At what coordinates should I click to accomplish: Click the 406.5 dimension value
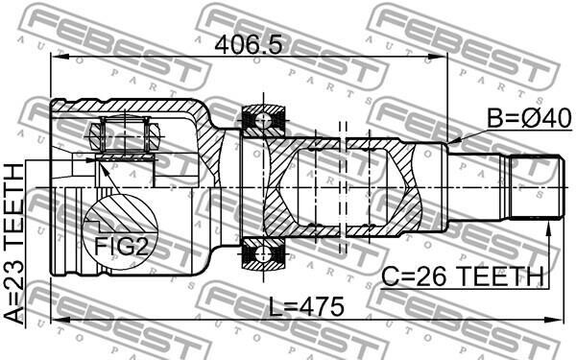[x=249, y=45]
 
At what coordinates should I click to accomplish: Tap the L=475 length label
[x=307, y=307]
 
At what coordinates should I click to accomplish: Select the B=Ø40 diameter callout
[x=529, y=118]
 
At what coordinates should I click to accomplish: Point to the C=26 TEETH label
[x=463, y=276]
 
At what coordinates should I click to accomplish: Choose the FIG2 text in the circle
[x=121, y=246]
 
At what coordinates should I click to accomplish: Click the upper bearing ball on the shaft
[x=263, y=118]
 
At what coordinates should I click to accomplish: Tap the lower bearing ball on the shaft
[x=263, y=252]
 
